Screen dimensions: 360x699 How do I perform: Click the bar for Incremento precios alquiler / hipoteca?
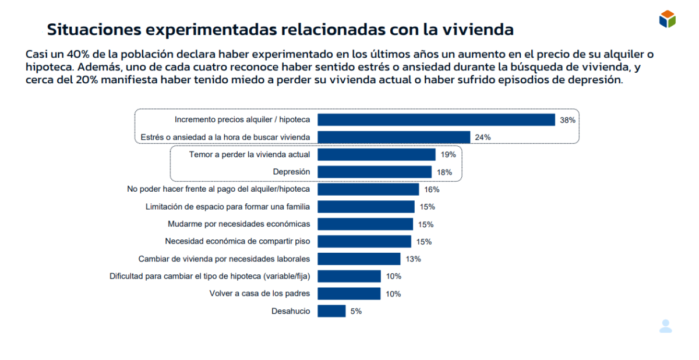(x=436, y=120)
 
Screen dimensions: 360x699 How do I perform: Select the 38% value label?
(x=567, y=120)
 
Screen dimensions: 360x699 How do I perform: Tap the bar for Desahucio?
(x=331, y=311)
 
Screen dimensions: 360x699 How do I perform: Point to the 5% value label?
(x=356, y=311)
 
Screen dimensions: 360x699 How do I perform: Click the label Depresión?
(x=291, y=172)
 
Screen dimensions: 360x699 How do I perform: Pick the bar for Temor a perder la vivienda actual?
(x=376, y=154)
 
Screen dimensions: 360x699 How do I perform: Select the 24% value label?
(x=483, y=137)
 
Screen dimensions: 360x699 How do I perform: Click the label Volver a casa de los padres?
(x=259, y=294)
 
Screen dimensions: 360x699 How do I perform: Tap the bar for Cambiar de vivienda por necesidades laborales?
(x=359, y=259)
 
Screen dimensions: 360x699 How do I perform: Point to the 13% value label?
(x=413, y=259)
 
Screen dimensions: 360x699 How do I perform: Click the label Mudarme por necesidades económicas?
(x=239, y=224)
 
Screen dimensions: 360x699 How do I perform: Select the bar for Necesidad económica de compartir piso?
(x=365, y=241)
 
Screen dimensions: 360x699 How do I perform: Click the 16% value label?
(x=432, y=189)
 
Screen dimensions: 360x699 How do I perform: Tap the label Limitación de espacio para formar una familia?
(x=227, y=207)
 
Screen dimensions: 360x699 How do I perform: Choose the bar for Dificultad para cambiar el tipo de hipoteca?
(x=349, y=276)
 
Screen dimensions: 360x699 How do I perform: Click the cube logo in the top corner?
(x=667, y=19)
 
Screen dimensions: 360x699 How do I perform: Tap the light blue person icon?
(x=665, y=326)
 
